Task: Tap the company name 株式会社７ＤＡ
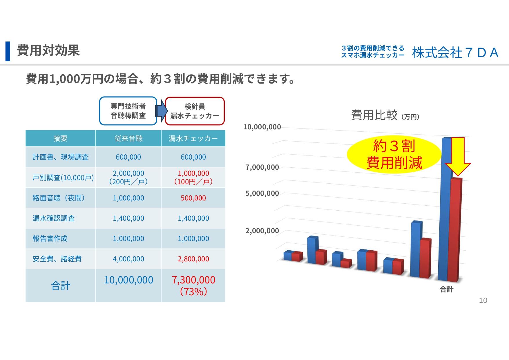[x=455, y=53]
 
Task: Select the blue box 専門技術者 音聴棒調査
[x=128, y=111]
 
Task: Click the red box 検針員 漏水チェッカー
[x=195, y=111]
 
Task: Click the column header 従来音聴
[x=128, y=138]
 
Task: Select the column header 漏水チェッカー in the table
[x=193, y=138]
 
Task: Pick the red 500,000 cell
[x=193, y=198]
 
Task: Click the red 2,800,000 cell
[x=193, y=259]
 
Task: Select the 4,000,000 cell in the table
[x=128, y=259]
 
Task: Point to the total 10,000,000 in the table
[x=128, y=280]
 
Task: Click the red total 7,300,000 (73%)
[x=193, y=285]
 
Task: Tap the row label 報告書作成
[x=50, y=239]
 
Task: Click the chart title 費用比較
[x=374, y=115]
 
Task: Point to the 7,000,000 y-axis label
[x=262, y=167]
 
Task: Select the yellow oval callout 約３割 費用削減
[x=394, y=155]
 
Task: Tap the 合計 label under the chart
[x=447, y=289]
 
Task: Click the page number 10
[x=483, y=301]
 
